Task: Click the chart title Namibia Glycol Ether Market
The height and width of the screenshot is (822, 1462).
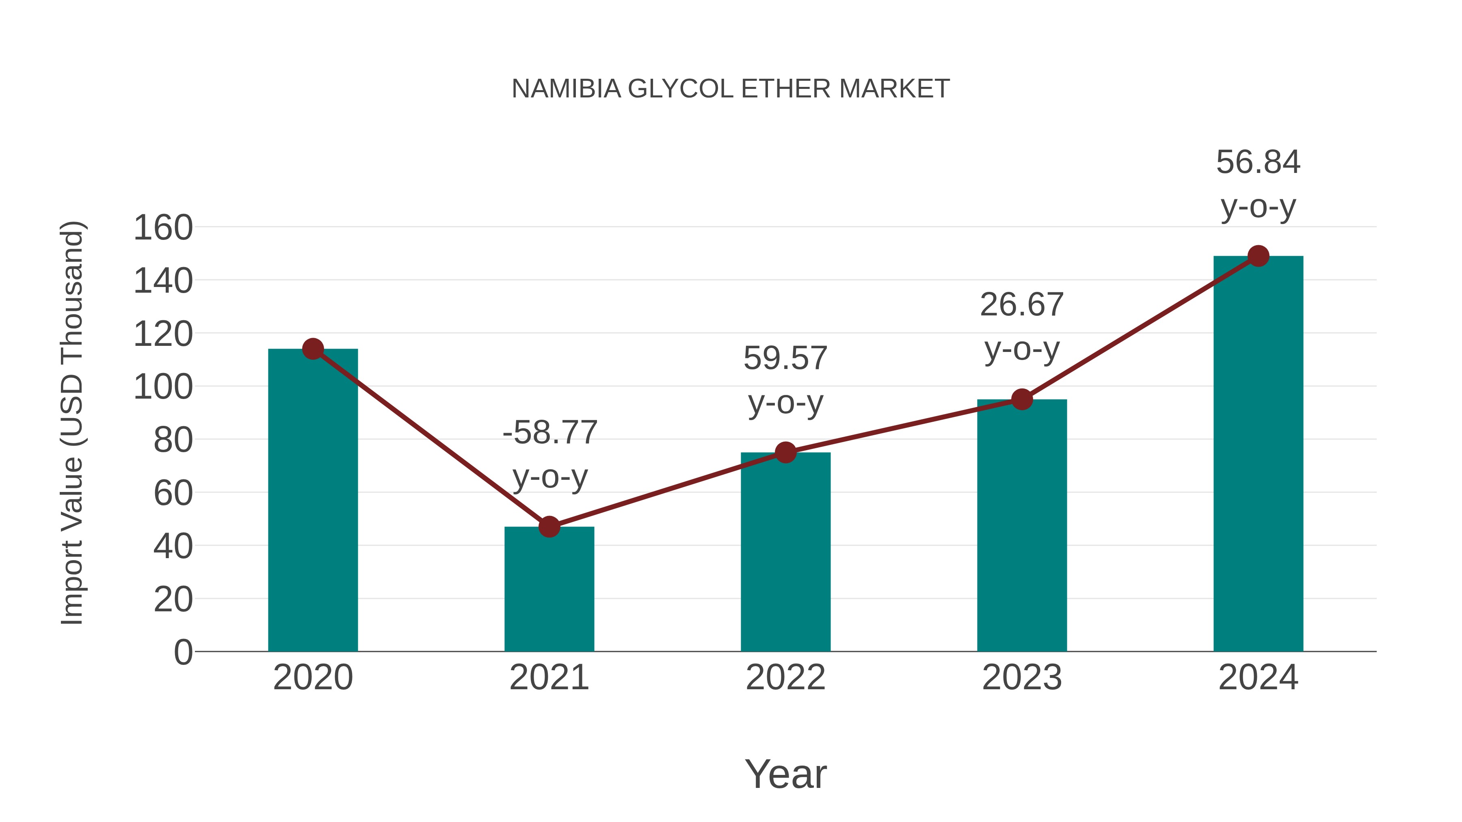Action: pos(731,88)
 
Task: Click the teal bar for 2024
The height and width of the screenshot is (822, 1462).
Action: pos(1258,454)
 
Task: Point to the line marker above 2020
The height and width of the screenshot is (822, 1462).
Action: pos(313,349)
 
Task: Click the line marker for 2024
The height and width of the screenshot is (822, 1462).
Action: pos(1258,256)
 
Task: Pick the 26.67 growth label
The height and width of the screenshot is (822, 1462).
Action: pos(1022,326)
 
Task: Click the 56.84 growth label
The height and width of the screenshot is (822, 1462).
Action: pos(1258,184)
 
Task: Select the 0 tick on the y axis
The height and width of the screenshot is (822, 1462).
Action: pos(183,652)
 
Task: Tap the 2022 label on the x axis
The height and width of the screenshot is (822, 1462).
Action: pos(785,677)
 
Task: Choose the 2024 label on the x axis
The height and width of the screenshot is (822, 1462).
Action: pos(1258,677)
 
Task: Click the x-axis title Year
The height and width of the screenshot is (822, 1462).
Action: pos(785,774)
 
